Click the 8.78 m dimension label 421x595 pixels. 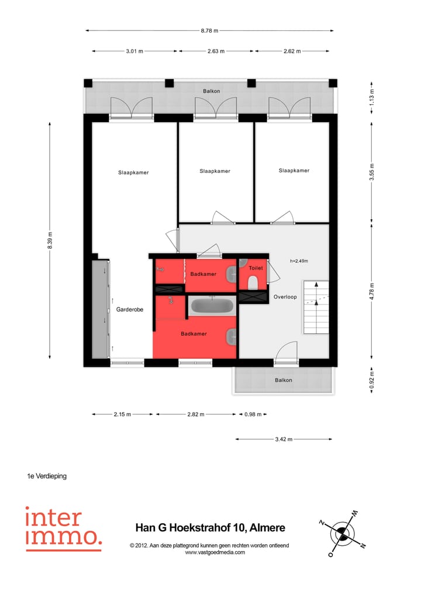click(209, 30)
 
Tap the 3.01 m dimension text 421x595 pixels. click(134, 51)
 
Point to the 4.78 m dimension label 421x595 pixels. click(372, 290)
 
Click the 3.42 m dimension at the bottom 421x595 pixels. click(283, 439)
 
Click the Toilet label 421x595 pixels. click(256, 268)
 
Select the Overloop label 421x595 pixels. click(285, 297)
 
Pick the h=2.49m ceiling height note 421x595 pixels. click(298, 261)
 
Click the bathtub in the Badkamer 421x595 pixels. click(212, 306)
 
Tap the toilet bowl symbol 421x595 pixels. click(253, 283)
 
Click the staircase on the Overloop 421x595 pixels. click(316, 307)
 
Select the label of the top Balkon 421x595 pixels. click(211, 91)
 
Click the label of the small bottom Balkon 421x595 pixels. click(284, 380)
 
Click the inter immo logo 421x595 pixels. click(63, 528)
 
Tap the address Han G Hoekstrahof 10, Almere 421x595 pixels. click(210, 528)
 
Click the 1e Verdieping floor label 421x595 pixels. click(47, 476)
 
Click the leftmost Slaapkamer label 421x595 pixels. click(133, 172)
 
